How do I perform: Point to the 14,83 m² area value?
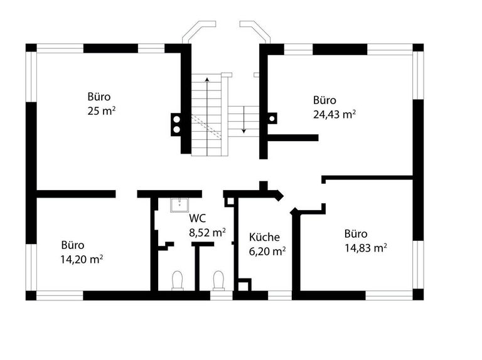point(365,248)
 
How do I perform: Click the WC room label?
point(197,219)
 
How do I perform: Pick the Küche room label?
point(264,237)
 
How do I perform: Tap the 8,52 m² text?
point(207,232)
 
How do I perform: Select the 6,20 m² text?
point(267,250)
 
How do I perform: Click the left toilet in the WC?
point(178,280)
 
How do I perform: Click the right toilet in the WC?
point(218,280)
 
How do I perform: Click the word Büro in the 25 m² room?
point(99,97)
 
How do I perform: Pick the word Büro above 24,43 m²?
point(324,100)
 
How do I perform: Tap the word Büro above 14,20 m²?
point(72,245)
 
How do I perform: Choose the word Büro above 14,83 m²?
point(356,234)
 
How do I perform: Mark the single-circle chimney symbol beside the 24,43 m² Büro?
point(272,117)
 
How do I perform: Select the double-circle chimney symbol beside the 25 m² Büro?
point(176,124)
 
